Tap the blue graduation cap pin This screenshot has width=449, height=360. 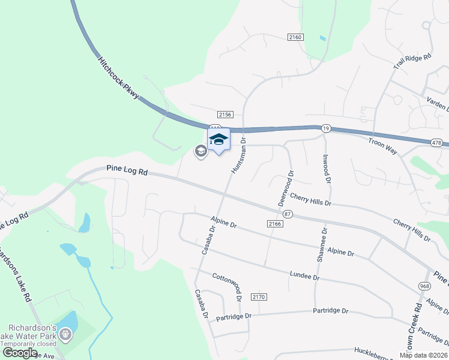click(219, 140)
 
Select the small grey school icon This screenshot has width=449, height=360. click(200, 152)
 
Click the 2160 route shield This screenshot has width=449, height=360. click(295, 37)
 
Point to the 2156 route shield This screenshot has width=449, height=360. click(225, 114)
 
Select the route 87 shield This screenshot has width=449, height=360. click(288, 214)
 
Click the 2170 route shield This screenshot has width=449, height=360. click(259, 297)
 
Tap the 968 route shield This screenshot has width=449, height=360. click(425, 286)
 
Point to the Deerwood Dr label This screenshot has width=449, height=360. click(286, 188)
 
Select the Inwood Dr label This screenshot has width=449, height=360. click(327, 170)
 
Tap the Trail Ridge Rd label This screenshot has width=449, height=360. click(412, 66)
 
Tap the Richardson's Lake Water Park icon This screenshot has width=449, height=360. click(65, 335)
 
